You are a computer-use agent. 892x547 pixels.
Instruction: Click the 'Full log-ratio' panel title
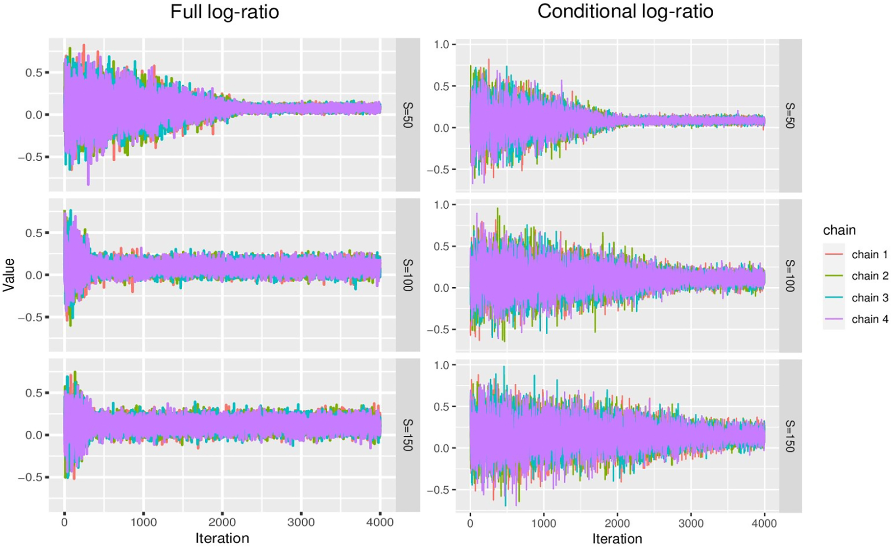coord(224,12)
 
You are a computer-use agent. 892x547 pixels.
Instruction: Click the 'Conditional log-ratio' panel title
coord(625,12)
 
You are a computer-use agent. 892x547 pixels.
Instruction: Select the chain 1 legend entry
coord(869,254)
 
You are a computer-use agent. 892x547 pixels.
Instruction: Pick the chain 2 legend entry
coord(869,276)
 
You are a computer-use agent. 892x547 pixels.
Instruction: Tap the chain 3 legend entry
coord(869,298)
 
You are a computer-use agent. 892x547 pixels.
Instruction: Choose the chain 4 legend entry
coord(869,319)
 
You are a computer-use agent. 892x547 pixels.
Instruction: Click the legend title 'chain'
coord(839,230)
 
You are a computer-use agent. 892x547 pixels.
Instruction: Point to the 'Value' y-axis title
coord(9,275)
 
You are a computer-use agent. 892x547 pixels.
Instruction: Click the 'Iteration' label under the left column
coord(222,538)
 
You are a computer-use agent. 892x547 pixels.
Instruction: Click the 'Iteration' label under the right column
coord(617,539)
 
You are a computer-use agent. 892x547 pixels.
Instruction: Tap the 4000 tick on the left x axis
coord(380,522)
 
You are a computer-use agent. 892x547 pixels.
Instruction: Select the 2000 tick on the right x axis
coord(617,523)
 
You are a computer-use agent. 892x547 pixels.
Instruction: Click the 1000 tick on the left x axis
coord(143,522)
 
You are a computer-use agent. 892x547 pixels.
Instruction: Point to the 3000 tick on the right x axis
coord(691,523)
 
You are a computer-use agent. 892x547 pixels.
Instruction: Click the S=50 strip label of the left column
coord(408,115)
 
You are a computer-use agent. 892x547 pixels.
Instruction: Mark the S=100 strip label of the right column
coord(790,275)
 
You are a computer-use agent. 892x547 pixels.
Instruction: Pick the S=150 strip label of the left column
coord(408,435)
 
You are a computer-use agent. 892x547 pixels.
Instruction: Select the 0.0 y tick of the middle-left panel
coord(34,275)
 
